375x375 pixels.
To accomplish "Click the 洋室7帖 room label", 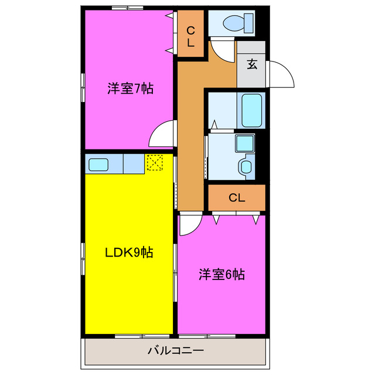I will coord(130,89).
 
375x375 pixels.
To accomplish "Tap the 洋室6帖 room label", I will coord(221,274).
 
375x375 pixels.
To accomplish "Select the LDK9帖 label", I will coord(129,253).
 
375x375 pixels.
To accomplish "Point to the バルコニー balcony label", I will coord(175,352).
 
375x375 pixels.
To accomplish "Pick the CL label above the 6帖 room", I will coord(236,197).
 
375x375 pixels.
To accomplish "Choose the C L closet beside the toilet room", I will coord(190,36).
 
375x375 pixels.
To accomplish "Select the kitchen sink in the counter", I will coord(97,164).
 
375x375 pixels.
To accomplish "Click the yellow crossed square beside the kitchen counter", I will coord(154,163).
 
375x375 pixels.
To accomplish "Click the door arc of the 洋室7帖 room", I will coord(162,136).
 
